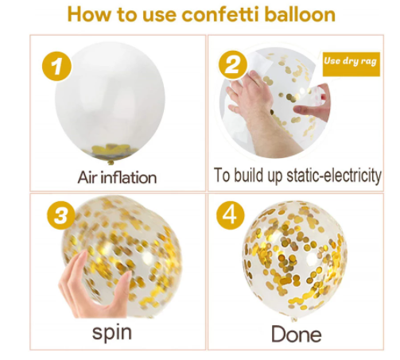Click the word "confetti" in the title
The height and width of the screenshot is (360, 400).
pyautogui.click(x=221, y=14)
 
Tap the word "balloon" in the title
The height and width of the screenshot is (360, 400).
pyautogui.click(x=300, y=14)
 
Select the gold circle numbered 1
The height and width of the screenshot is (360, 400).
pyautogui.click(x=56, y=66)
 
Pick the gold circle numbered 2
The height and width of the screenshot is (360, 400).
pyautogui.click(x=232, y=65)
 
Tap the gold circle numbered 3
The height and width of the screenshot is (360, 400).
pyautogui.click(x=61, y=215)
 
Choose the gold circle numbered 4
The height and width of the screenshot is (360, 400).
pyautogui.click(x=230, y=215)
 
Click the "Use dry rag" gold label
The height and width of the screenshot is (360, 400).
pyautogui.click(x=351, y=64)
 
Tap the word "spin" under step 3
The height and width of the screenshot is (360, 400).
pyautogui.click(x=112, y=333)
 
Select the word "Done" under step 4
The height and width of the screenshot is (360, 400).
pyautogui.click(x=297, y=335)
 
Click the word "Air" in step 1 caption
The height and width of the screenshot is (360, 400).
pyautogui.click(x=87, y=177)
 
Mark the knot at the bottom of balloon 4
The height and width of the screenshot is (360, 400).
pyautogui.click(x=294, y=319)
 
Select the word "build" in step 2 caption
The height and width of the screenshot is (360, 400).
pyautogui.click(x=250, y=175)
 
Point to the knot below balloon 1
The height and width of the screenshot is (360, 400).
pyautogui.click(x=111, y=162)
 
